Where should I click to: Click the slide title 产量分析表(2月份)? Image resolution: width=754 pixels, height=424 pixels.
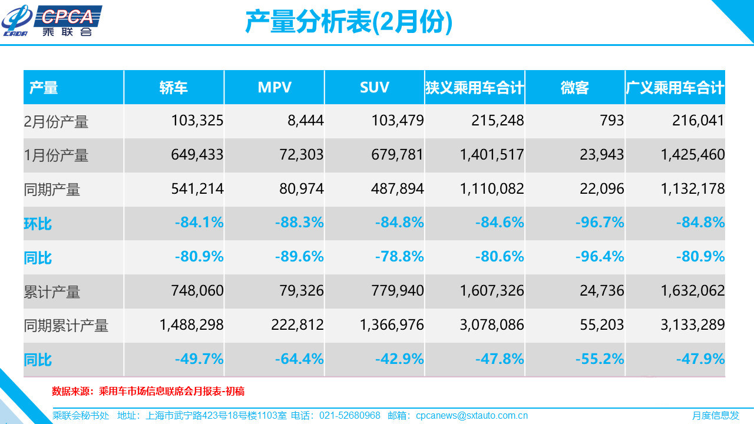pos(348,22)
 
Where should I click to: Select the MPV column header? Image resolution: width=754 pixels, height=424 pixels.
pos(275,88)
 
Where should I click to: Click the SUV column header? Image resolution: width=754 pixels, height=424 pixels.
pos(375,88)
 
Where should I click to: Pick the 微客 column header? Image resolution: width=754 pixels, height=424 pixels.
pos(575,88)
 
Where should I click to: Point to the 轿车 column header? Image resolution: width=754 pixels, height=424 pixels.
pos(174,88)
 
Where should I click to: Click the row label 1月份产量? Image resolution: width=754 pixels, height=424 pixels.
pos(56,155)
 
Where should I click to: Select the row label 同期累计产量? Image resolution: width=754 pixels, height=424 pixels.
pos(66,326)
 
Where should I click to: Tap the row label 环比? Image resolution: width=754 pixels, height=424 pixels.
pos(38,224)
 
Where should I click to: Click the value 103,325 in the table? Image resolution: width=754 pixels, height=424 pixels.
pos(197,121)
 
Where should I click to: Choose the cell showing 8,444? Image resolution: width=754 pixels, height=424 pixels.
pos(305,121)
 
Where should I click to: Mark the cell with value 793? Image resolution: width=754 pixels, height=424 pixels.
pos(612,121)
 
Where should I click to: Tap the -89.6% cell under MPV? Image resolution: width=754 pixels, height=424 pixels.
pos(299,257)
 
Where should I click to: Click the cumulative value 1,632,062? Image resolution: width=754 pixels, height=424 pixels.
pos(690,291)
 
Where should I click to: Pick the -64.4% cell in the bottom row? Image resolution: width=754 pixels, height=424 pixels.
pos(299,359)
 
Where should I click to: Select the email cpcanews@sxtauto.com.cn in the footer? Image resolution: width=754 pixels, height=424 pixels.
pos(472,415)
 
